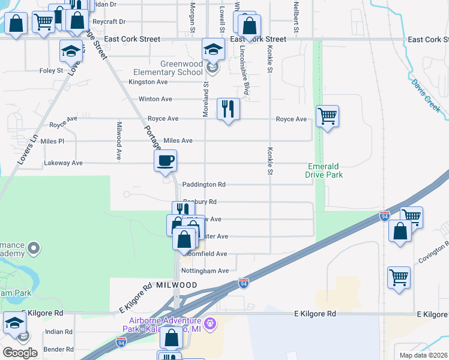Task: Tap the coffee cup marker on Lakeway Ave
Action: [x=165, y=161]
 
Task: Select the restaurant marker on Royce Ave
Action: [x=228, y=109]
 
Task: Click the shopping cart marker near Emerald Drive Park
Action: [x=327, y=116]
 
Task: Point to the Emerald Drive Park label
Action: [x=325, y=170]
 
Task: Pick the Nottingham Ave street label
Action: [x=205, y=271]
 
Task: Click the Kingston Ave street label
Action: [x=148, y=82]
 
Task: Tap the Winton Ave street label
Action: [x=155, y=99]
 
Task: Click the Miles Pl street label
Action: [x=52, y=141]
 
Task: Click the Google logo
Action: [x=20, y=353]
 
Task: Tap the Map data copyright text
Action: [x=422, y=355]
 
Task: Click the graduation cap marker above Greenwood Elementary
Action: [x=212, y=50]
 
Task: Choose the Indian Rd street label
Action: [x=58, y=331]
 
